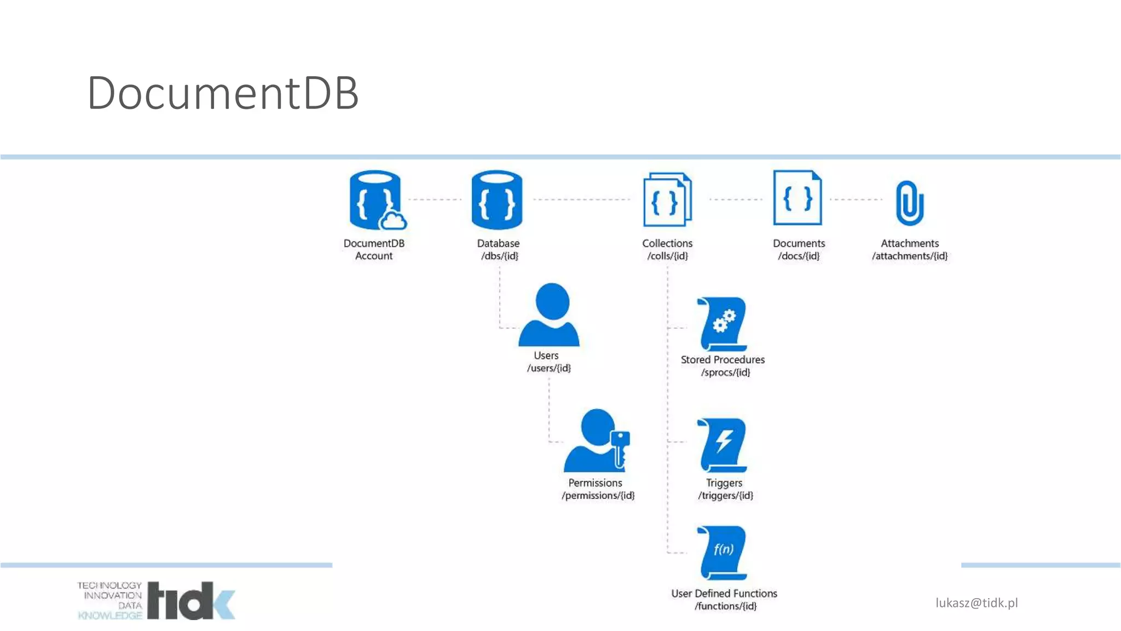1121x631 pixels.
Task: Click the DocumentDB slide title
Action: click(223, 93)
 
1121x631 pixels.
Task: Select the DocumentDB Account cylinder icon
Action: click(375, 199)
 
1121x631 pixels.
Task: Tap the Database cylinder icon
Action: click(497, 199)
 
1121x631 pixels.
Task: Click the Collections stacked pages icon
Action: click(667, 199)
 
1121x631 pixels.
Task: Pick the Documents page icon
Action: click(798, 198)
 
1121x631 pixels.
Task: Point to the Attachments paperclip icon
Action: click(909, 203)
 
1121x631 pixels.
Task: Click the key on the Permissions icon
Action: click(620, 446)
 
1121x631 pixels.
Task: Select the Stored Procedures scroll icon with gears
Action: click(723, 324)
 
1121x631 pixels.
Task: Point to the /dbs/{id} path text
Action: click(499, 256)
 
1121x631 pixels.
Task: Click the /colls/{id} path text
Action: click(667, 256)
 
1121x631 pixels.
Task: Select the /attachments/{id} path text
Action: click(910, 256)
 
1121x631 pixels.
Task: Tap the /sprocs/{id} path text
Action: click(725, 372)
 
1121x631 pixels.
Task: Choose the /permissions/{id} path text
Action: click(598, 496)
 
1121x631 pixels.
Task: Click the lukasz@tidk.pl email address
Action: click(976, 603)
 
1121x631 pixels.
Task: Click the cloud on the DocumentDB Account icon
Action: click(394, 221)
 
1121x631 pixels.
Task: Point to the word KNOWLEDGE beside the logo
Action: click(110, 616)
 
